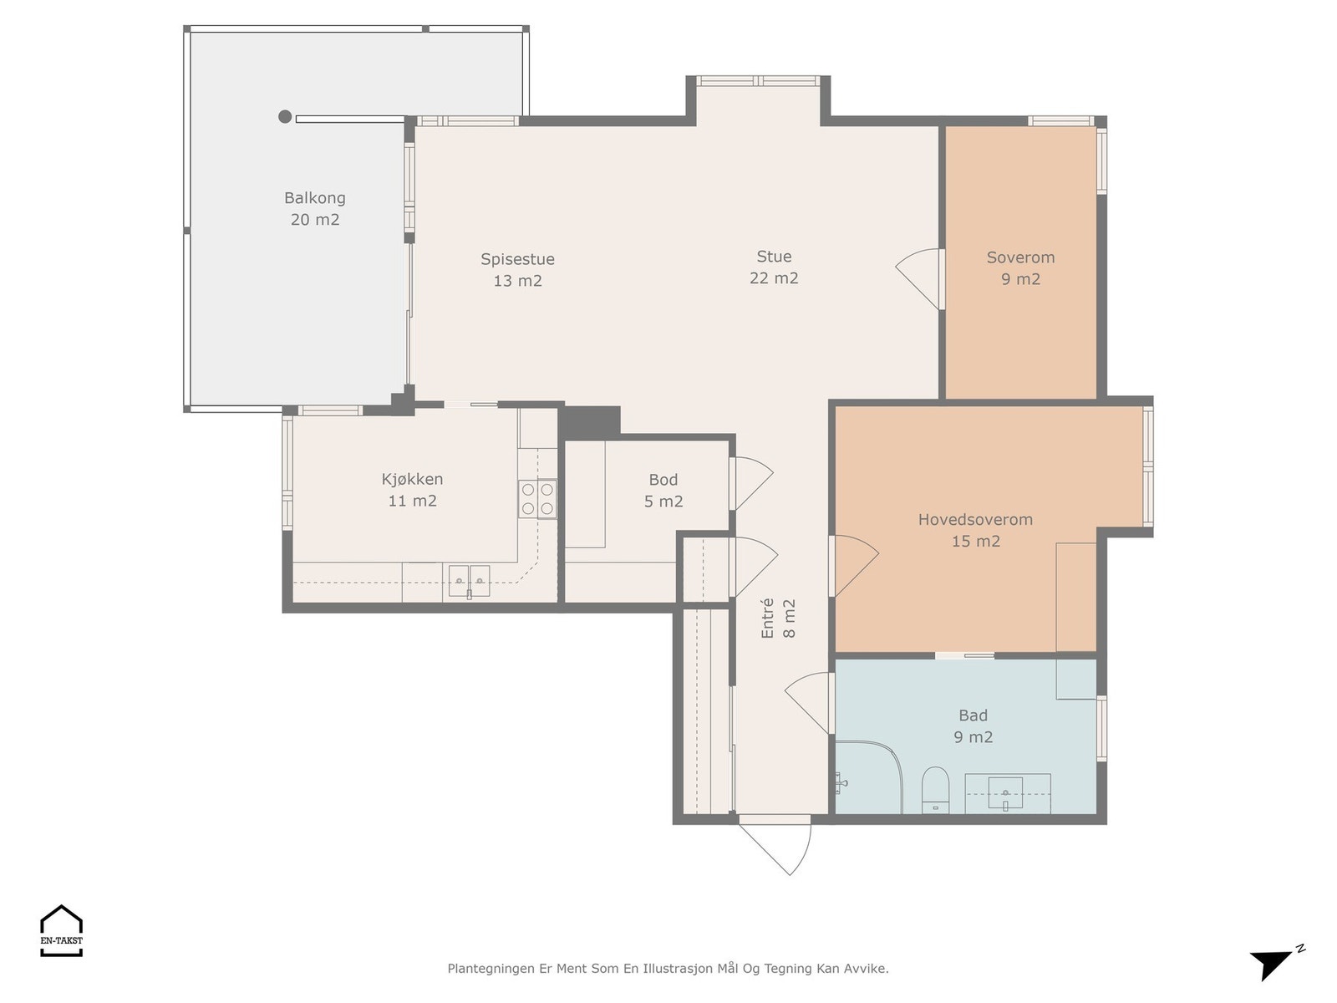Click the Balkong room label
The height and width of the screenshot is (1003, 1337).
click(x=314, y=208)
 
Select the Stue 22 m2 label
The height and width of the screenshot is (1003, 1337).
click(x=774, y=267)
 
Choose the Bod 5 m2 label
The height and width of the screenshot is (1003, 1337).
click(x=663, y=491)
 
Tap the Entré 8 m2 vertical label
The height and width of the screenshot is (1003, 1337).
click(x=778, y=619)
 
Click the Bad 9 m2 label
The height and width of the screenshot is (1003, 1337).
click(x=973, y=726)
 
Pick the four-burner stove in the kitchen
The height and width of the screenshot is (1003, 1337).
click(x=537, y=499)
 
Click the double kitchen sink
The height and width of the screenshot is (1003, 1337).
click(x=469, y=581)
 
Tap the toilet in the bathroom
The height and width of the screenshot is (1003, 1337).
click(x=935, y=790)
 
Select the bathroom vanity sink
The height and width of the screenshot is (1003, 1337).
click(x=1005, y=793)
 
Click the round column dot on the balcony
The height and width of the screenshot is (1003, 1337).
click(x=284, y=116)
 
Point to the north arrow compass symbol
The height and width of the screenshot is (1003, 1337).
click(x=1276, y=963)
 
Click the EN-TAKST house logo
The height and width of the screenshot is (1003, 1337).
click(x=61, y=930)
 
